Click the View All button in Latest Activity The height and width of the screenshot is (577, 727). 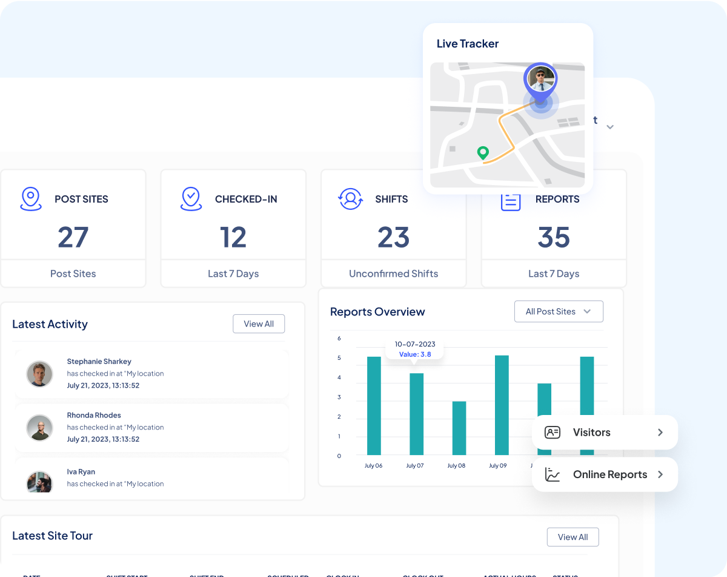[x=259, y=324]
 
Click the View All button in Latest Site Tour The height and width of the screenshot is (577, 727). [x=573, y=537]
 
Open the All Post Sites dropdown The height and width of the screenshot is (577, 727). [x=559, y=311]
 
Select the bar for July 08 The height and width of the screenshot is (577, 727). [x=459, y=428]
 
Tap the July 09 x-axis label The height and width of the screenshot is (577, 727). [x=497, y=466]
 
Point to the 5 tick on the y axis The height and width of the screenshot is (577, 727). [x=339, y=358]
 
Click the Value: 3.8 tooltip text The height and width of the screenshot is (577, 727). [x=415, y=354]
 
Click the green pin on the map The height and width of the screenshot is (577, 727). [x=483, y=152]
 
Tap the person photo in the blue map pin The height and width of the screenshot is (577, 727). [x=540, y=79]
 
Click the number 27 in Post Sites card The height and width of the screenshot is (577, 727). [x=73, y=237]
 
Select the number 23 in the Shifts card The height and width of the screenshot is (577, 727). [x=394, y=237]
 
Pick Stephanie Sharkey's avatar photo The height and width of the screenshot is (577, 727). [x=40, y=374]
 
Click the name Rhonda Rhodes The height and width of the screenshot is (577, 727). [x=94, y=416]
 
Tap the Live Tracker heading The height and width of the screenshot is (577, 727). [x=468, y=44]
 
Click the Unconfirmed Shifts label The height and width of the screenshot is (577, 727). [x=394, y=274]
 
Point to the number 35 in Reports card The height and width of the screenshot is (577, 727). [x=554, y=237]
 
